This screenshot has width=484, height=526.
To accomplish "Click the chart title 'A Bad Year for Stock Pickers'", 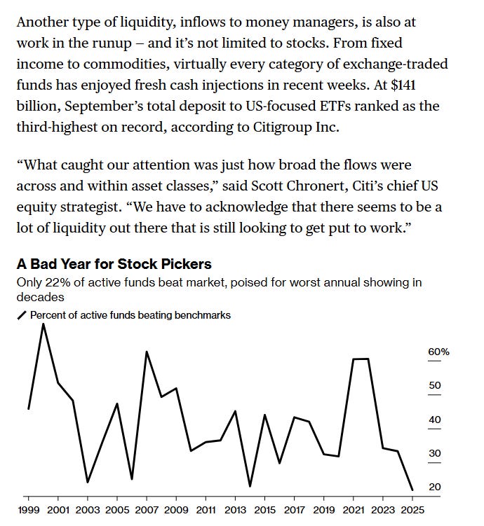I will [114, 265].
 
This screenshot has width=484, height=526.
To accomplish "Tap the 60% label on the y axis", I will [438, 352].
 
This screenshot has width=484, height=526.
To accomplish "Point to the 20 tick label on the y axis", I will [435, 487].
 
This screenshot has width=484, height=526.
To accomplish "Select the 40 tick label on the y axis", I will [435, 420].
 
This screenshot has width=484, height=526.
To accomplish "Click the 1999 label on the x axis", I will [29, 509].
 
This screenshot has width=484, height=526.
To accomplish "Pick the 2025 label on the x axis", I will [412, 509].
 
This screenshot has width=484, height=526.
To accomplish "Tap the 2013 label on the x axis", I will [235, 509].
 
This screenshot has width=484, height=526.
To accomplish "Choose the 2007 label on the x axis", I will [147, 509].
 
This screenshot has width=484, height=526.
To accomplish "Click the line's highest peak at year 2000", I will [43, 324].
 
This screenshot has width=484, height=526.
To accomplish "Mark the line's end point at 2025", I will [412, 490].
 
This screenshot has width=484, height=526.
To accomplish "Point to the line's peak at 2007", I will [147, 352].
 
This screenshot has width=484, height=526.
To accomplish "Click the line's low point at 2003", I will [88, 482].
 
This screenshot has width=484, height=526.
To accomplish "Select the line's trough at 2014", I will [250, 485].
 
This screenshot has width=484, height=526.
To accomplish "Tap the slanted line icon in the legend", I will [21, 315].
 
